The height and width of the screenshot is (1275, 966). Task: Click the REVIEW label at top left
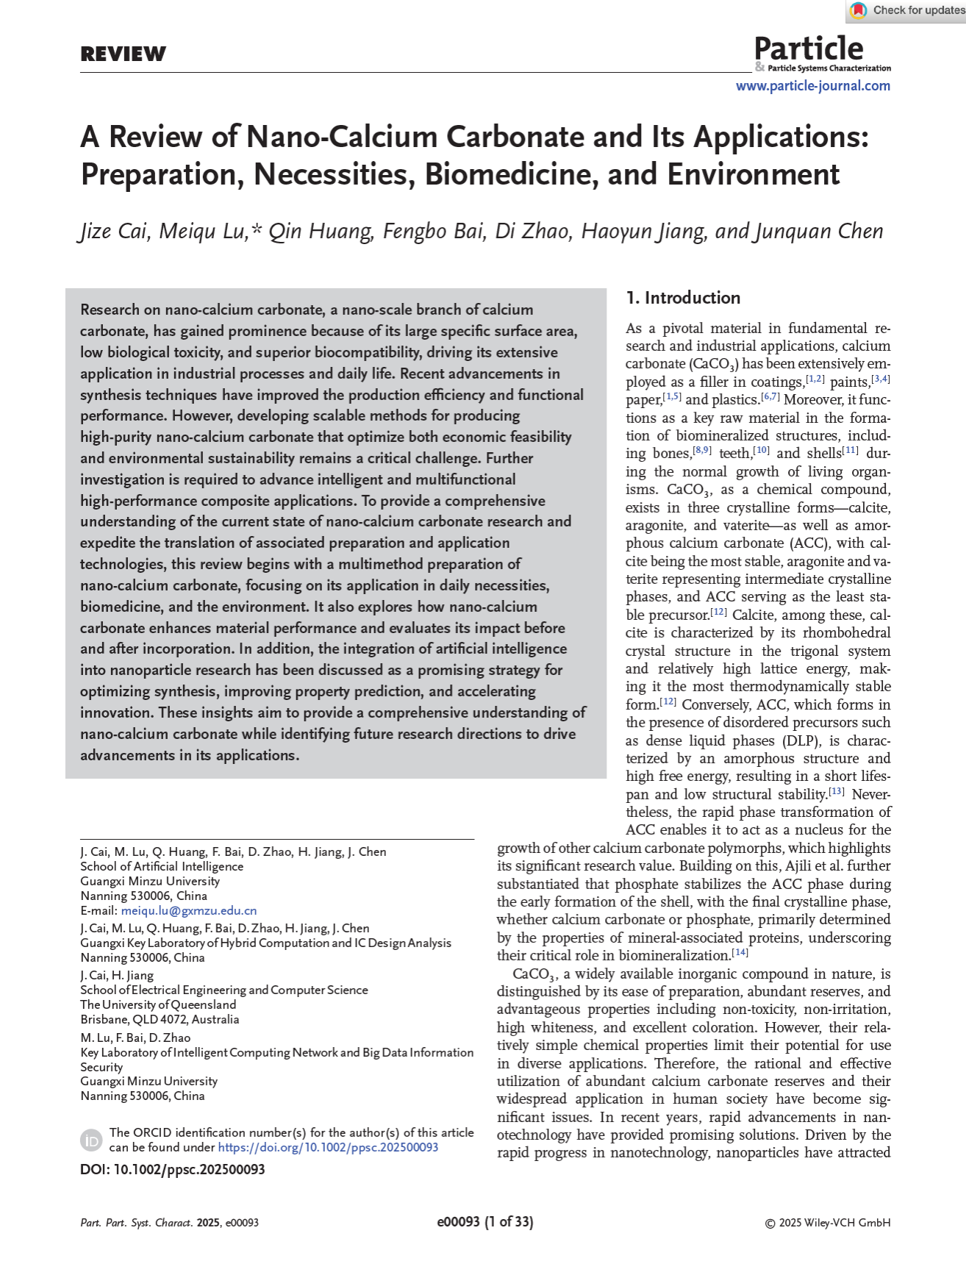point(123,54)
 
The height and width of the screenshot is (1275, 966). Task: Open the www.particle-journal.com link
point(812,86)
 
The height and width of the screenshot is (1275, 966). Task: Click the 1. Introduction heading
point(683,298)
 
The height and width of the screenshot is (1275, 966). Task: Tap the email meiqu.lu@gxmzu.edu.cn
point(188,910)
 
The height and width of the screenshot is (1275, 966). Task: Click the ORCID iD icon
point(91,1140)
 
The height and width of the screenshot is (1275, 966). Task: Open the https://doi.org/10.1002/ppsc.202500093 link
point(328,1147)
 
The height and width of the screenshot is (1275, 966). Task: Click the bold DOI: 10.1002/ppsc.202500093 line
point(173,1169)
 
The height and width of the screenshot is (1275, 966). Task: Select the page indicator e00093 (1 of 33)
point(485,1222)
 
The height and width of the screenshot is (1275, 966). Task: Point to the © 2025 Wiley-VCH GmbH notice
point(828,1223)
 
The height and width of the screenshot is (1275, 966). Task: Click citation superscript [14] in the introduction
point(740,952)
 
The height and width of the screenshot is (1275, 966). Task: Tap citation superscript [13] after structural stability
point(836,791)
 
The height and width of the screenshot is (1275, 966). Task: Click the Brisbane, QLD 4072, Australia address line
point(160,1019)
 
